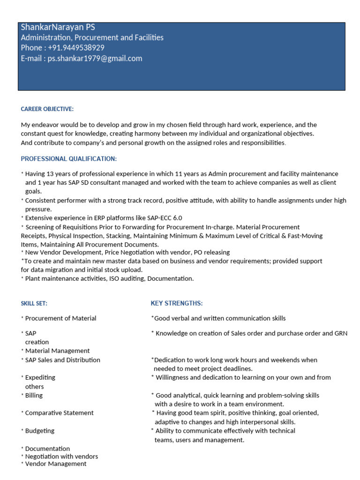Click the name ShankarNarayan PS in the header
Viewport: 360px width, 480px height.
(x=58, y=27)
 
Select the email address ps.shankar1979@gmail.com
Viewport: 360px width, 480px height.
(x=95, y=59)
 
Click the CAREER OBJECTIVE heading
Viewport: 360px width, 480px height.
(x=47, y=109)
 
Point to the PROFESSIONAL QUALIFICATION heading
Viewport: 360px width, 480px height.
(x=69, y=159)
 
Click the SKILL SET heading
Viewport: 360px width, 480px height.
(x=34, y=304)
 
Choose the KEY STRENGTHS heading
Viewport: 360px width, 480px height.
(x=177, y=303)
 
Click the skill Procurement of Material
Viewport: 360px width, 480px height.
(x=60, y=318)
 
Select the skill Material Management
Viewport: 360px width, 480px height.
(x=57, y=351)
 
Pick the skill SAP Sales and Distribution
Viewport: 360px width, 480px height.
(x=62, y=360)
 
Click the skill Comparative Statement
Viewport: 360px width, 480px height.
(x=59, y=413)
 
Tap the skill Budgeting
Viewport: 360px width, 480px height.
(x=39, y=431)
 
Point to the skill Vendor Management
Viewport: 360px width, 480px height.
(x=56, y=464)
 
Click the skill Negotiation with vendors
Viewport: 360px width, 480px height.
(x=61, y=456)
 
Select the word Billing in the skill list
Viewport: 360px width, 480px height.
(x=34, y=395)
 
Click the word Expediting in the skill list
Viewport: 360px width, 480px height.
(x=40, y=377)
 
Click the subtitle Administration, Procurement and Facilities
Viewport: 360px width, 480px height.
(x=92, y=37)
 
